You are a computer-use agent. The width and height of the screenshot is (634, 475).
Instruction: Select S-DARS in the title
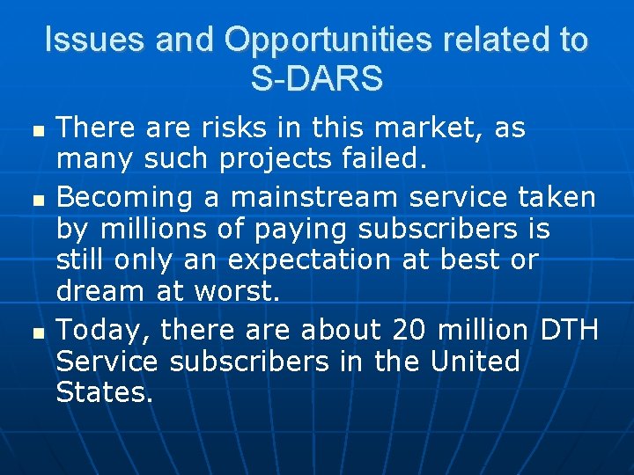[x=317, y=79]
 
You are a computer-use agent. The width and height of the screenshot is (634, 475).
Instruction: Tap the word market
[x=430, y=128]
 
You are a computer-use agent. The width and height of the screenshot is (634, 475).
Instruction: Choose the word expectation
[x=305, y=261]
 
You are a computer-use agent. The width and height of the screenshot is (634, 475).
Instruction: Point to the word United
[x=475, y=362]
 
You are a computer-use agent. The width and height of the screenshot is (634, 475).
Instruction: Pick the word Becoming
[x=125, y=196]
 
